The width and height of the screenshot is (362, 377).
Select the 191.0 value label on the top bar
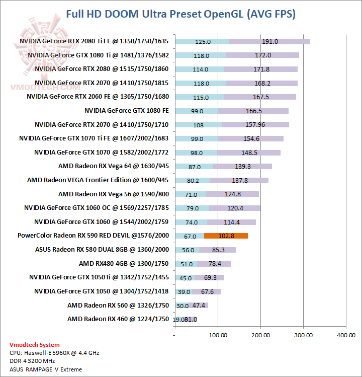(x=270, y=42)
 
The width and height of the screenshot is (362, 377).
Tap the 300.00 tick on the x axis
(x=303, y=335)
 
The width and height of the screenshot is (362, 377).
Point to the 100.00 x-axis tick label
(x=218, y=335)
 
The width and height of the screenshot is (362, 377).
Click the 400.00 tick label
(x=346, y=335)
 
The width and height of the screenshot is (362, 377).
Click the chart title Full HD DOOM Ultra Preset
(x=181, y=14)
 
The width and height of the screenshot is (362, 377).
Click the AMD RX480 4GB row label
(x=124, y=263)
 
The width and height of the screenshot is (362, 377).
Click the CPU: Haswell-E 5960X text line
(x=54, y=353)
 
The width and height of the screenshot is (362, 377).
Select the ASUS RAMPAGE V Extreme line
(x=45, y=369)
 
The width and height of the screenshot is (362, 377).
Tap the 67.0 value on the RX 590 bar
(x=190, y=236)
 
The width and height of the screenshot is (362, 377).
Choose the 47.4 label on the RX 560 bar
(x=199, y=305)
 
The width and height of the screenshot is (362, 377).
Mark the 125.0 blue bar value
(x=203, y=42)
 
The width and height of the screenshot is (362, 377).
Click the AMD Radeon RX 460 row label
(x=118, y=319)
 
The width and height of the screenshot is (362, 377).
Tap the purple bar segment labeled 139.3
(x=243, y=167)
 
